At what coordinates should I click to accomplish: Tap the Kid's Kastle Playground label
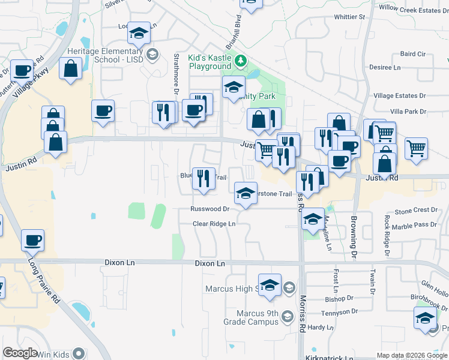210,62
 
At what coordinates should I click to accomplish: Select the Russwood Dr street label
209,209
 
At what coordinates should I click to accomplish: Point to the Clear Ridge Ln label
214,224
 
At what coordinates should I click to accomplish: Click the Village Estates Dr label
399,95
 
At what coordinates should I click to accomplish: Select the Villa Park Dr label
408,112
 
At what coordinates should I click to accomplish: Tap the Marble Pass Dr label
412,224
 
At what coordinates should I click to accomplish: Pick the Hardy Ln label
321,328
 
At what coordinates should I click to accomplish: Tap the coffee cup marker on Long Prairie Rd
32,241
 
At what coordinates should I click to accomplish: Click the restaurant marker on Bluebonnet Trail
203,178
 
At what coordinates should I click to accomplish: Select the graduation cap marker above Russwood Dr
244,193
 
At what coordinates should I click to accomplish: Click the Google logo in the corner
20,353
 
